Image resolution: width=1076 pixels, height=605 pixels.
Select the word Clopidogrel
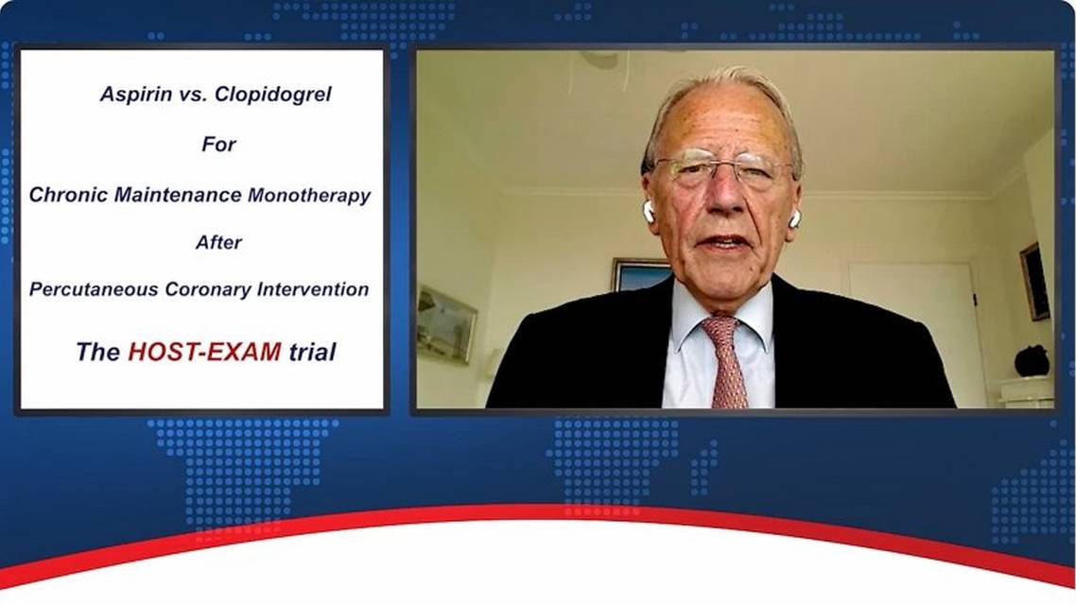click(273, 94)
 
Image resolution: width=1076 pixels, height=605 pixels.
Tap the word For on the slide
click(219, 144)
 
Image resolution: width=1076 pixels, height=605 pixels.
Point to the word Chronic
click(68, 195)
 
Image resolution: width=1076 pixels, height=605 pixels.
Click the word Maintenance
click(178, 195)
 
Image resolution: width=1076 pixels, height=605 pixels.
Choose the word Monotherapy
click(309, 196)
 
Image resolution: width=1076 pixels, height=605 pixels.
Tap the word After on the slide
click(219, 242)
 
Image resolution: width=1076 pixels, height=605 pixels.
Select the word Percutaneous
click(94, 289)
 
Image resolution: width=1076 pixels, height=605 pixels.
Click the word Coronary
click(208, 289)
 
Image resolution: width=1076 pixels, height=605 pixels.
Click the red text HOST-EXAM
click(204, 352)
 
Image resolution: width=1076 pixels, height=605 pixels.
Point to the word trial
click(312, 352)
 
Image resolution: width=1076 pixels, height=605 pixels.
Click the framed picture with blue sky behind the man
click(642, 274)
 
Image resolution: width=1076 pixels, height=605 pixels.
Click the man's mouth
click(723, 243)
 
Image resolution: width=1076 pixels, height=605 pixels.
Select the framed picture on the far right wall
click(1034, 282)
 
